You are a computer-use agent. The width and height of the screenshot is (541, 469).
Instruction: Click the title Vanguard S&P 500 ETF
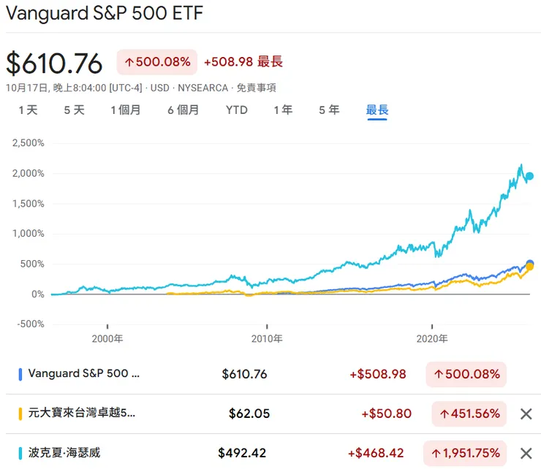coord(105,14)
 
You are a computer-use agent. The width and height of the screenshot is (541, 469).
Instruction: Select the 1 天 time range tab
coord(28,110)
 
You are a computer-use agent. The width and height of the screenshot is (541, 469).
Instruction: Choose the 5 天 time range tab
coord(74,110)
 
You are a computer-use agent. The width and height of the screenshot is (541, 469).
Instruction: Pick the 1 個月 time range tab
coord(126,110)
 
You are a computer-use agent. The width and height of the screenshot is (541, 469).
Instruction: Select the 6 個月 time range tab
coord(183,110)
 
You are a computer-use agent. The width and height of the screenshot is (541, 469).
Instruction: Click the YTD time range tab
coord(236,110)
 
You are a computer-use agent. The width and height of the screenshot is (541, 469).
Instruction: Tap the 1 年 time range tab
coord(283,110)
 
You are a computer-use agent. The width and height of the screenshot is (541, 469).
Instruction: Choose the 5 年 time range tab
coord(329,110)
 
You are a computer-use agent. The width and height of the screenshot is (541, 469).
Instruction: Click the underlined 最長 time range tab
coord(377,110)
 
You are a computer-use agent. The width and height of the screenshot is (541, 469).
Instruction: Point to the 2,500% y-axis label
coord(28,143)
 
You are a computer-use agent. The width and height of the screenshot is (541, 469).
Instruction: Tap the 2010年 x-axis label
coord(268,339)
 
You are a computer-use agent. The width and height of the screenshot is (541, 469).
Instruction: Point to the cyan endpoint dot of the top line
coord(530,176)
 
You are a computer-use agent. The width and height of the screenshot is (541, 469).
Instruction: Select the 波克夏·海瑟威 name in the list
coord(64,453)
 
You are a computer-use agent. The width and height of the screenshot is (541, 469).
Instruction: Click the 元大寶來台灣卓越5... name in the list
coord(82,413)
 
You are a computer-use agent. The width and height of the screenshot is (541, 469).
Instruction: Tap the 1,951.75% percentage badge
coord(469,453)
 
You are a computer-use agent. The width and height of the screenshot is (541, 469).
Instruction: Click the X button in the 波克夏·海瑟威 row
coord(525,453)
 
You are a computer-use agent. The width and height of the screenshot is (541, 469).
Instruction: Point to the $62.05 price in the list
coord(249,413)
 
